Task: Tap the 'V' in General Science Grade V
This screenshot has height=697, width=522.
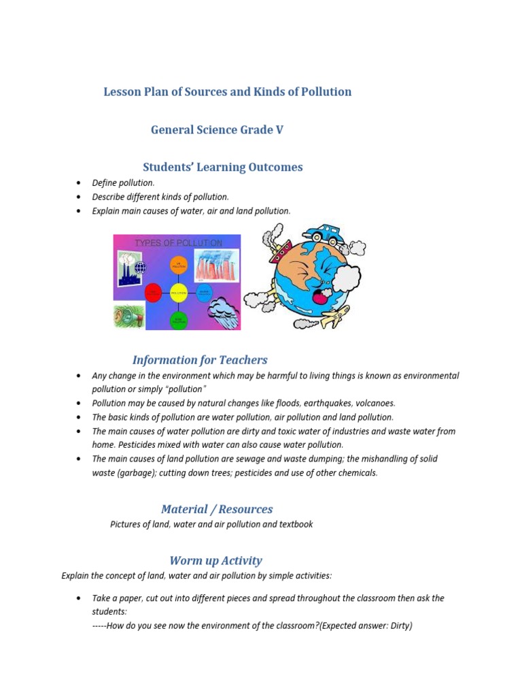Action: click(279, 129)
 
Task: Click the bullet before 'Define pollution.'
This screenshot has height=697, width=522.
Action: click(80, 183)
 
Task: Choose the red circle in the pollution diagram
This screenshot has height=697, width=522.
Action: click(153, 293)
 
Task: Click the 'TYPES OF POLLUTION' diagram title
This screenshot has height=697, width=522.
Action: click(178, 243)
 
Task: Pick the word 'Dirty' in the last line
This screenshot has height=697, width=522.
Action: click(397, 626)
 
